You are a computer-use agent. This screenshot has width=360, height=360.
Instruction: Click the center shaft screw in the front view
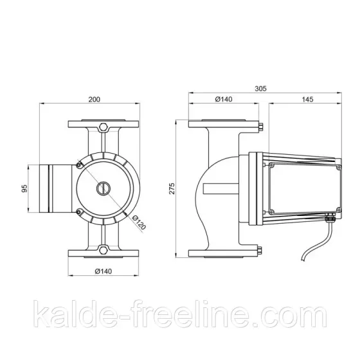(x=102, y=188)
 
